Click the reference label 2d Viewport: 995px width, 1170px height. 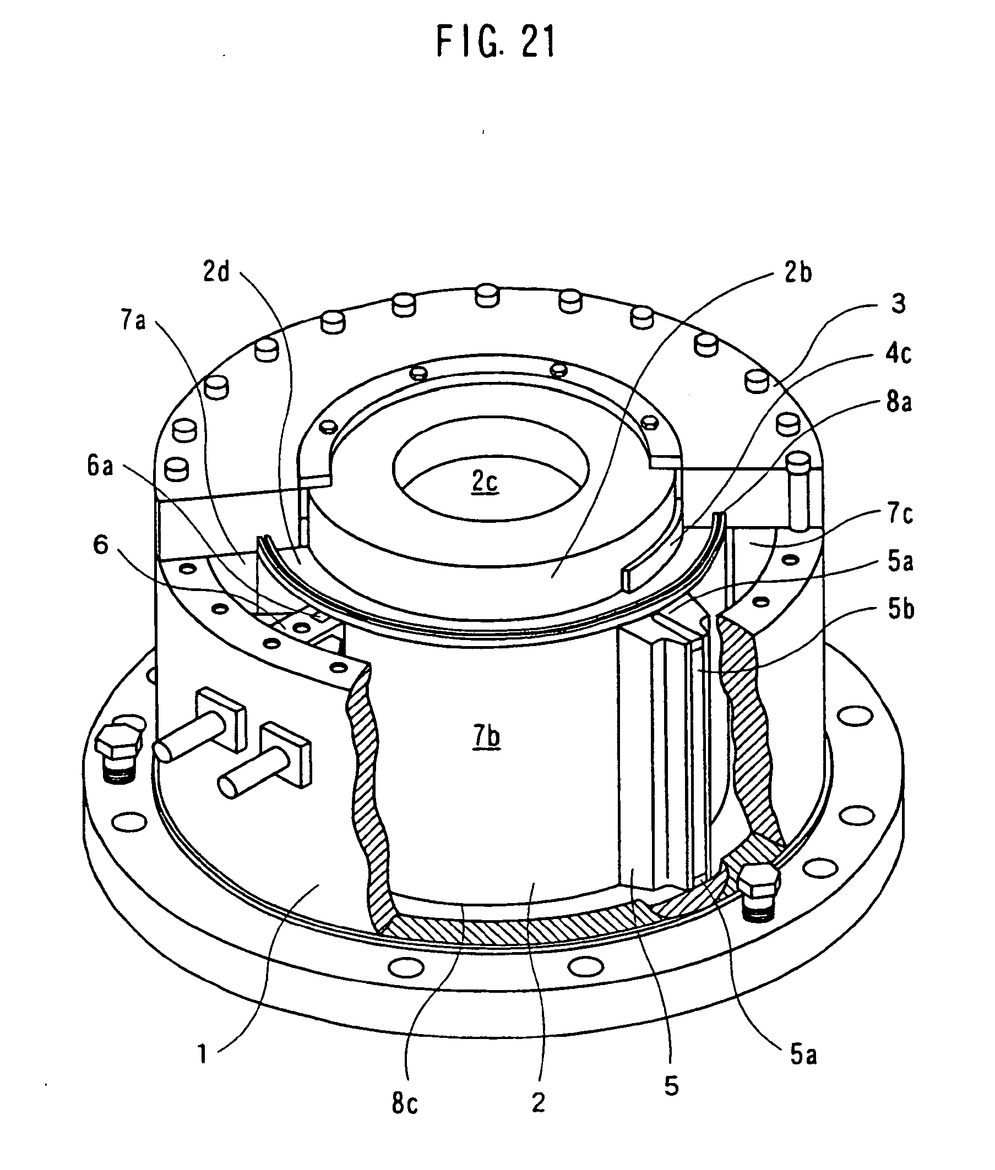pos(216,273)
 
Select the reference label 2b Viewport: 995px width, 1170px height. pos(797,273)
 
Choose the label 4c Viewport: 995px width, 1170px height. pos(898,353)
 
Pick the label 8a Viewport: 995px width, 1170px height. pos(899,403)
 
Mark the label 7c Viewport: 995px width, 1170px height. pos(900,513)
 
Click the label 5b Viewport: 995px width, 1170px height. pos(901,610)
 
